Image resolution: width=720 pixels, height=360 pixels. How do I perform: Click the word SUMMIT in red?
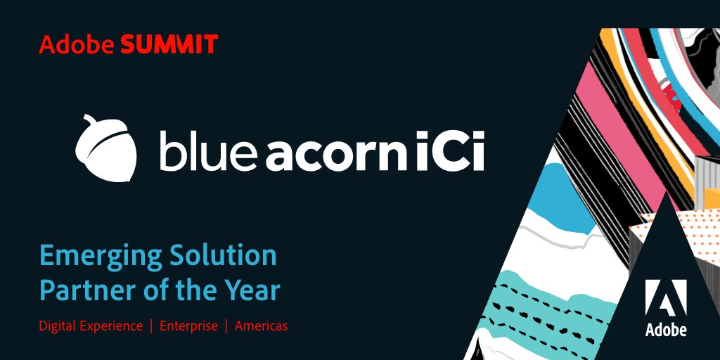pyautogui.click(x=169, y=45)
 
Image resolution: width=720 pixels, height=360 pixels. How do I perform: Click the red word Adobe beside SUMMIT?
pyautogui.click(x=77, y=45)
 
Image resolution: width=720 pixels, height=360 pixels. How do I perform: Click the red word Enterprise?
pyautogui.click(x=188, y=326)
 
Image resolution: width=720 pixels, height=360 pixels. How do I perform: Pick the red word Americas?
pyautogui.click(x=261, y=326)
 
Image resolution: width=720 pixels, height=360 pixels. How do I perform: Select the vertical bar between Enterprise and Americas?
pyautogui.click(x=226, y=326)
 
